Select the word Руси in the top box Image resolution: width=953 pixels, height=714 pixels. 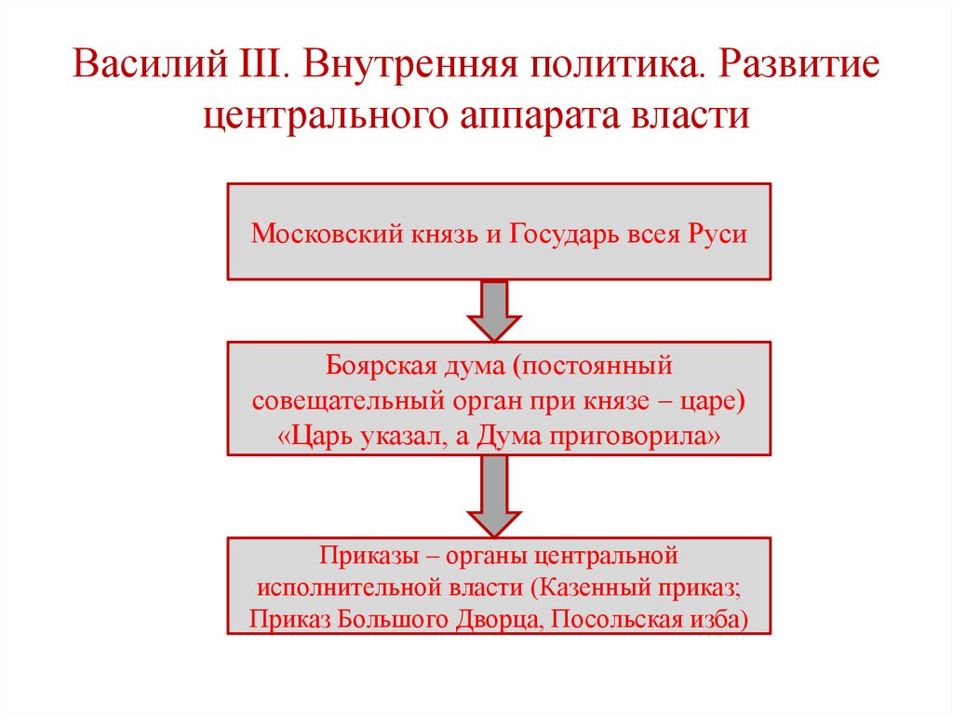click(718, 233)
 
